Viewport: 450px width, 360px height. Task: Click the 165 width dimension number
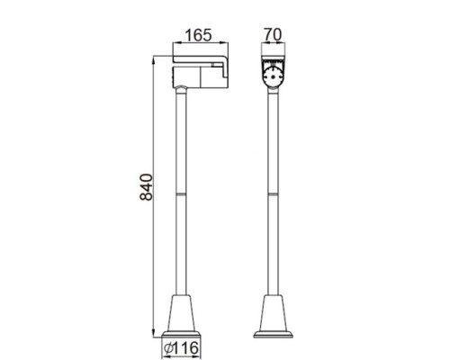click(197, 37)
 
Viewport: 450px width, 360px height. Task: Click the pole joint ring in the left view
click(184, 193)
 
